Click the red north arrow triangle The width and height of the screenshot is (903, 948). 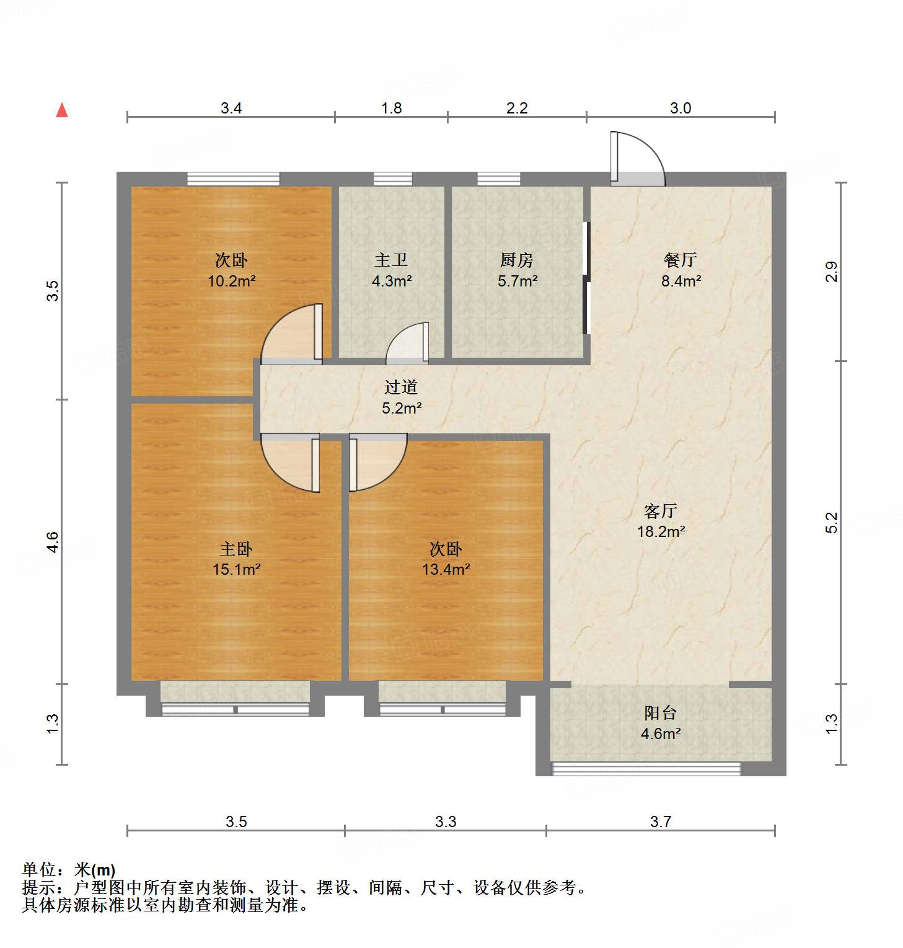[62, 110]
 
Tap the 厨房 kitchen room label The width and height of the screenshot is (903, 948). [517, 260]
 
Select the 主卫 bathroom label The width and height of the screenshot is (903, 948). [391, 260]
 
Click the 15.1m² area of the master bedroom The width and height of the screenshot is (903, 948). [236, 569]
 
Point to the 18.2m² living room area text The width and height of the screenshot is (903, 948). [661, 531]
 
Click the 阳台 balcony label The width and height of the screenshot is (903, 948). [660, 712]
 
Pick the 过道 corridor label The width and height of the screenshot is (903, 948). [401, 388]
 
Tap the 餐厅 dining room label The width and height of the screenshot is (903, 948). [681, 260]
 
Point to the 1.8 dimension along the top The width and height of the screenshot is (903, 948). [391, 109]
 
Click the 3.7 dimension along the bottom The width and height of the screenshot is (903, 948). [661, 822]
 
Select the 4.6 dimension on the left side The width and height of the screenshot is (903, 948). [53, 543]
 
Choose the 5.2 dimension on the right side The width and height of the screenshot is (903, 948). [832, 522]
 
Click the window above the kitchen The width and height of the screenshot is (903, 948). [498, 179]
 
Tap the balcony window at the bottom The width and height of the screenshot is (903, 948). [646, 769]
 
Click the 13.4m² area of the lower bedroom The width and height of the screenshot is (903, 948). [446, 569]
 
